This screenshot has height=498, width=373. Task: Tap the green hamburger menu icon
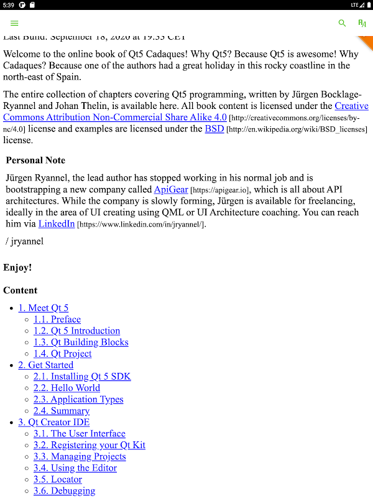(14, 23)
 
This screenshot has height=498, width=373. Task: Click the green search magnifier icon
(342, 23)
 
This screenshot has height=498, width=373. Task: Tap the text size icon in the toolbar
(362, 23)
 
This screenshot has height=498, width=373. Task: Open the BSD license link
(214, 129)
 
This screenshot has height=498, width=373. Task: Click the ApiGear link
(171, 189)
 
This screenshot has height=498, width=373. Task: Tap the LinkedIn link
(57, 223)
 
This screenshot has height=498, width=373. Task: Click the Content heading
(20, 290)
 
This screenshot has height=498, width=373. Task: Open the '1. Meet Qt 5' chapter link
(44, 308)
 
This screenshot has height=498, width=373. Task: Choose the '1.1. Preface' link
(57, 319)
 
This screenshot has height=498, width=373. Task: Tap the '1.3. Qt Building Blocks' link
(81, 342)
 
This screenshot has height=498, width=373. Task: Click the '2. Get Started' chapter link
(46, 365)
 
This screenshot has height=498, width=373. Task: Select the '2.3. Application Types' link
(78, 399)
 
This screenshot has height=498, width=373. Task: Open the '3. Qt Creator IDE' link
(54, 422)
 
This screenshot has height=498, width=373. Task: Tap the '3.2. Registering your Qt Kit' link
(90, 445)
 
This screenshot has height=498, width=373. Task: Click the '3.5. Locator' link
(58, 479)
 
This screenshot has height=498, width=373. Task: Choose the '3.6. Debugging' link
(65, 491)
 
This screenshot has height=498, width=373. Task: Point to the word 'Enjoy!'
(17, 268)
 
